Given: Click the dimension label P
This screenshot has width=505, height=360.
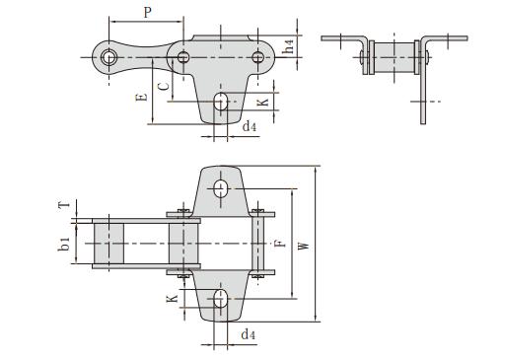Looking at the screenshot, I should coord(147,13).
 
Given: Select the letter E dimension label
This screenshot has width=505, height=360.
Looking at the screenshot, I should coord(142,96).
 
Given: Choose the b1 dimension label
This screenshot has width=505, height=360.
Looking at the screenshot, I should coord(65,243).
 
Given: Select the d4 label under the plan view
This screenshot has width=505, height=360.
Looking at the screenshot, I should coord(249,335).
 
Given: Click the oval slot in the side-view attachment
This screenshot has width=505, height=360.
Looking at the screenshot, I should coord(223,102).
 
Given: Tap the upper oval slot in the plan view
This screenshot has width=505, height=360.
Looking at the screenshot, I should coord(221,187).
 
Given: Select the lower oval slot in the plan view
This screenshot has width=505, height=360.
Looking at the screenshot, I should coord(221,299).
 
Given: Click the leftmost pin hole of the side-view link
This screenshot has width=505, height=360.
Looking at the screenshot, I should coord(107,57).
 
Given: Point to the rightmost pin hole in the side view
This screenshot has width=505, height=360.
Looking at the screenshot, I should coord(258,57).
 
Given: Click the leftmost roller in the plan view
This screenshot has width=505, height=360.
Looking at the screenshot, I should coord(108,243).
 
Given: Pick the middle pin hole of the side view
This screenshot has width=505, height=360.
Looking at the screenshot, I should coord(183,57).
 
